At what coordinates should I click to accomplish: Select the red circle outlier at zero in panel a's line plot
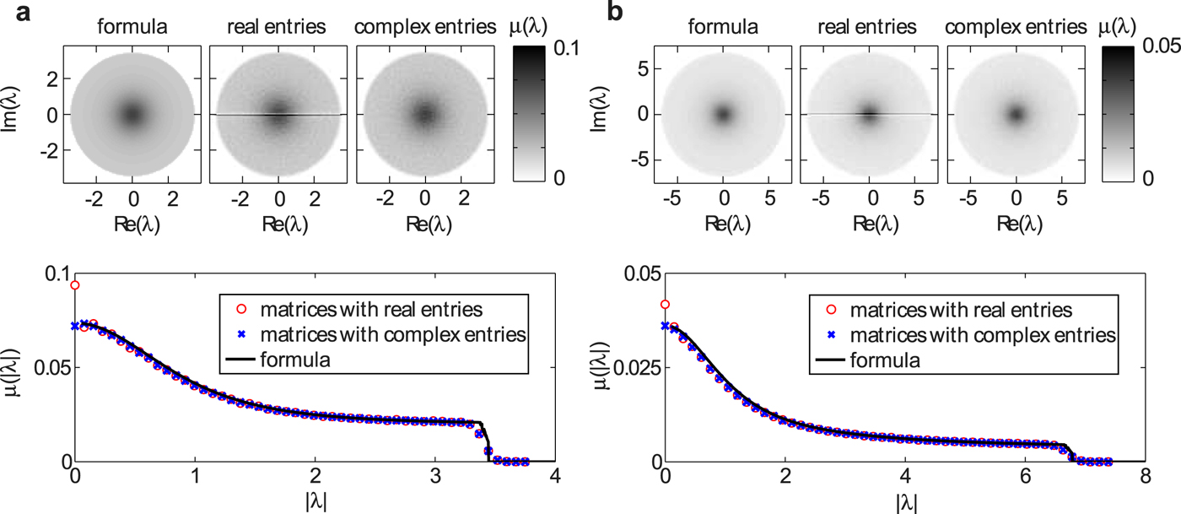pos(75,285)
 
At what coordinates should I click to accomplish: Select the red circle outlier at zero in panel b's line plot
pos(666,305)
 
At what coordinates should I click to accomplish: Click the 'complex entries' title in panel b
pos(1017,27)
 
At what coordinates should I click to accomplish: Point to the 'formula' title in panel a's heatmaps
pos(132,27)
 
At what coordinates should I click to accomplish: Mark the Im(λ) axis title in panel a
pos(13,115)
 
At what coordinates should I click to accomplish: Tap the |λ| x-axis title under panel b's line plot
pos(904,501)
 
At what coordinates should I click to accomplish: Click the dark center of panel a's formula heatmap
pos(132,115)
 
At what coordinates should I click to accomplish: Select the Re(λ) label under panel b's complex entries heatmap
pos(1017,223)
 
